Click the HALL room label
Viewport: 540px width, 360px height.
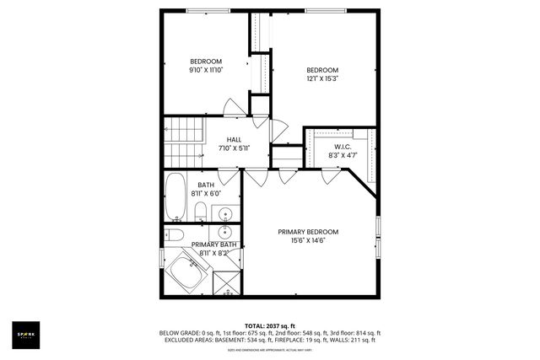[x=234, y=140]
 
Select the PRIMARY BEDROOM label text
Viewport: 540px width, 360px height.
[x=309, y=232]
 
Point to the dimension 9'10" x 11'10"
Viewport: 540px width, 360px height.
[x=206, y=71]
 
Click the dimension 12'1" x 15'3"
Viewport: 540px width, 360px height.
[x=321, y=79]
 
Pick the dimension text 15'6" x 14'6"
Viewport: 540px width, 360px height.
[x=309, y=241]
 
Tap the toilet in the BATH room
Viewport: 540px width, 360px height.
[x=201, y=210]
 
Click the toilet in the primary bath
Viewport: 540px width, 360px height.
[x=175, y=235]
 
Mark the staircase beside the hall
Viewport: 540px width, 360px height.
[x=184, y=142]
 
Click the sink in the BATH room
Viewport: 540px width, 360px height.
[x=225, y=212]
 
